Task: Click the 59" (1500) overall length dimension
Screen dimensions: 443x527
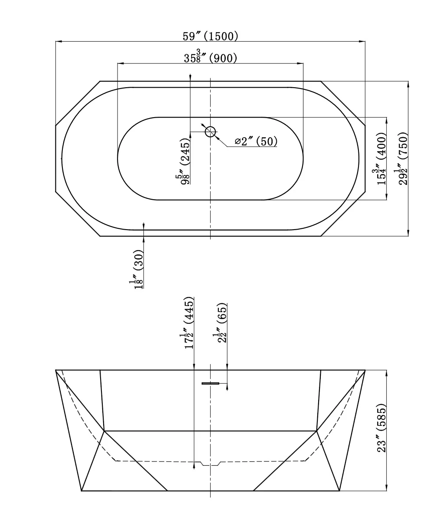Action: [210, 36]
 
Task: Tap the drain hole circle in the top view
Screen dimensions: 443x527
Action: [210, 132]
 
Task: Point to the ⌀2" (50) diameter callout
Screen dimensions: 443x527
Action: [256, 141]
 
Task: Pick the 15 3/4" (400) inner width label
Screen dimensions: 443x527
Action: [380, 159]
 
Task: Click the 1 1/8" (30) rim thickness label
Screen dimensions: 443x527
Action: [137, 269]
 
